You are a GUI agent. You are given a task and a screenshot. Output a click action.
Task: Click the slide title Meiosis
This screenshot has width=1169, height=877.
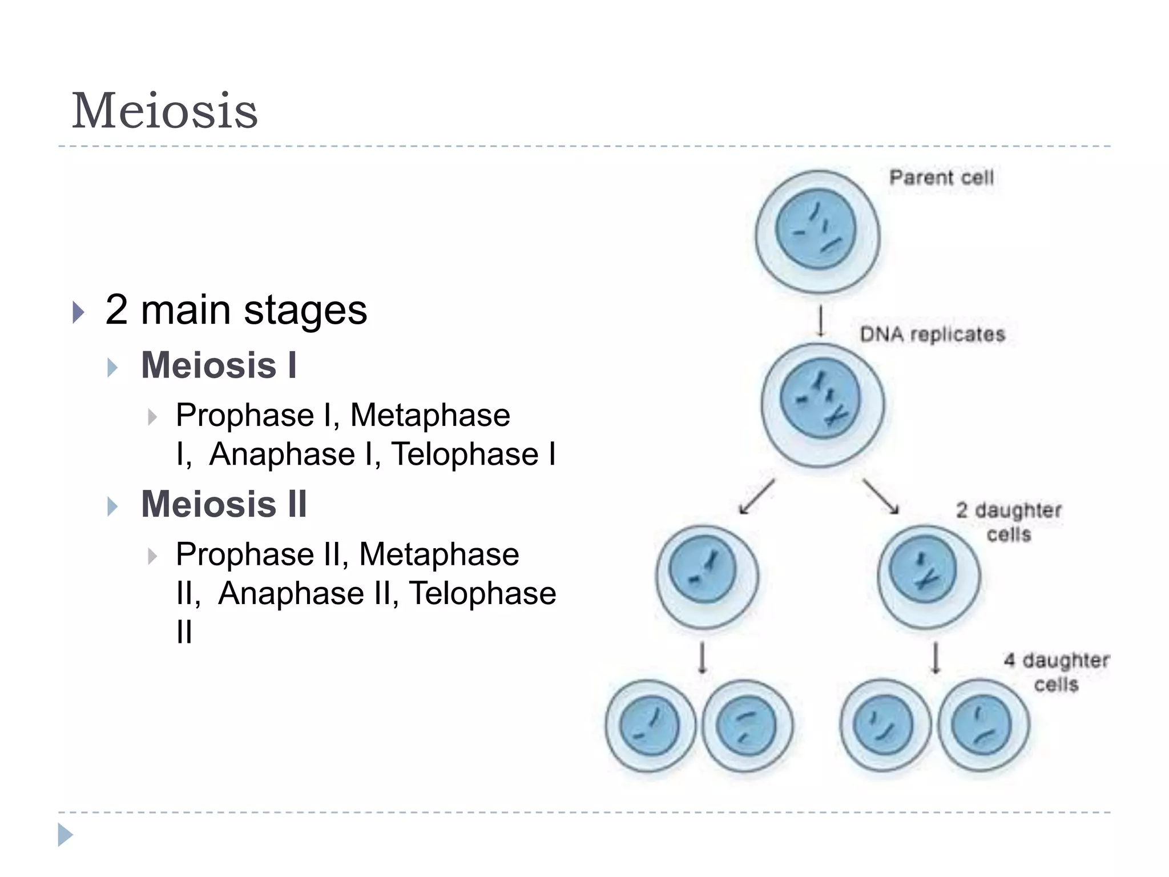(164, 111)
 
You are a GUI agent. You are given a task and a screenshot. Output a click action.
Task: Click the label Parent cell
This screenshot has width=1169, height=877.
(941, 178)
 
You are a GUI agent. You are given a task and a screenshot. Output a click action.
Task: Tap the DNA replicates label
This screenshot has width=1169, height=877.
(932, 334)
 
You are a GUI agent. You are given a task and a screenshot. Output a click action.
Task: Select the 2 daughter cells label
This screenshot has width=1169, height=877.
(1009, 522)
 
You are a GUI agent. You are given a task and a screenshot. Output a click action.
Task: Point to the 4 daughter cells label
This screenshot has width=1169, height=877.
(1057, 672)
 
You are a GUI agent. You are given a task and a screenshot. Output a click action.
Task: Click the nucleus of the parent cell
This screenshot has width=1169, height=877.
(816, 229)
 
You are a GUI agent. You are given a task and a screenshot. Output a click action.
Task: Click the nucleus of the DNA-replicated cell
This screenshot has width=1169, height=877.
(820, 399)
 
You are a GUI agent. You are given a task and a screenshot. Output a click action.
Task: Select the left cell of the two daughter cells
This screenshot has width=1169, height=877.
(707, 577)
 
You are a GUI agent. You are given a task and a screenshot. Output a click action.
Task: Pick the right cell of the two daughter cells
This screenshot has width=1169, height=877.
(929, 577)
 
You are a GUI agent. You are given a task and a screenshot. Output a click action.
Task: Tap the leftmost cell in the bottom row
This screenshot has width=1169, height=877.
(650, 726)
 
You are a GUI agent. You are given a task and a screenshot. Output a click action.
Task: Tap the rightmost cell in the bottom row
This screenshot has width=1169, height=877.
(983, 726)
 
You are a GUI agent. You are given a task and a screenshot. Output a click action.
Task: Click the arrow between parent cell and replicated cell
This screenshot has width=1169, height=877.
(821, 321)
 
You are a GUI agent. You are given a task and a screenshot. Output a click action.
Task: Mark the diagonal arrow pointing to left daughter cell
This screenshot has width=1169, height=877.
(756, 497)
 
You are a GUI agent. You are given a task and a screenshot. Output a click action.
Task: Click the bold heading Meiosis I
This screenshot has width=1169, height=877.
(219, 365)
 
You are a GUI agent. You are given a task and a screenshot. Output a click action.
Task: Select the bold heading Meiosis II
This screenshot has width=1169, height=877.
(224, 505)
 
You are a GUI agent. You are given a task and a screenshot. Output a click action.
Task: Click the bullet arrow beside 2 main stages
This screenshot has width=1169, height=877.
(79, 312)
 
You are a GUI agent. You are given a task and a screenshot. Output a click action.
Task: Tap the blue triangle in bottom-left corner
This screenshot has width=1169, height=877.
(65, 835)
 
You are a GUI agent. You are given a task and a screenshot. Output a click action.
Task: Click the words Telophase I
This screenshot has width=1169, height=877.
(473, 454)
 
